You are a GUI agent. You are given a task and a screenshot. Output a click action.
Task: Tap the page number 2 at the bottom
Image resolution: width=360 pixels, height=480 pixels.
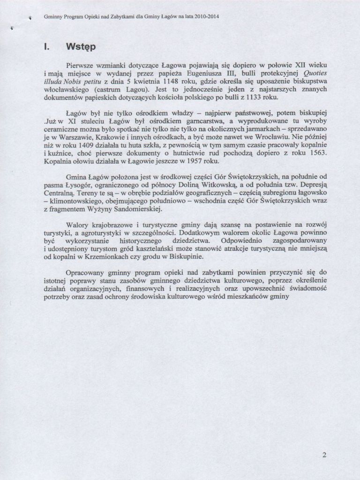325,454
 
